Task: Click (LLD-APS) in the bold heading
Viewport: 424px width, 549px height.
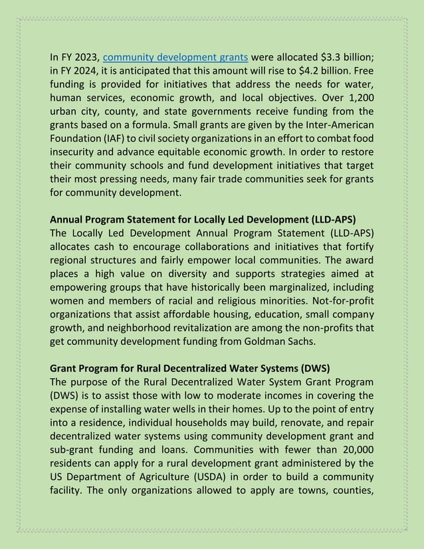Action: [330, 219]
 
